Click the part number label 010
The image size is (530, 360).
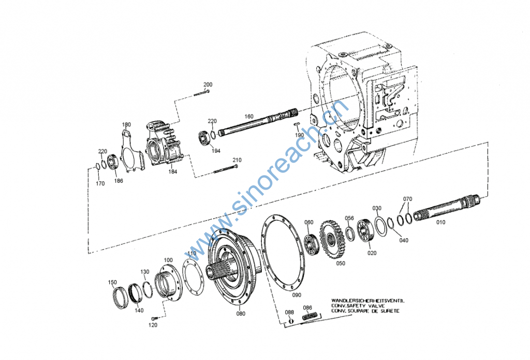pos(440,222)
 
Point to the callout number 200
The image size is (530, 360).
pos(208,84)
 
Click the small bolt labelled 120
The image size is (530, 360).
pos(155,319)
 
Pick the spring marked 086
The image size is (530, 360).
pos(310,317)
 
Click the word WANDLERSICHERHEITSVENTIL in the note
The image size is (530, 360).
pos(367,300)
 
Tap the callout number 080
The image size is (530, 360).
pos(241,314)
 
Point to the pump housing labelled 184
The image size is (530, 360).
pos(164,145)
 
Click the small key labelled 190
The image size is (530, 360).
pos(297,124)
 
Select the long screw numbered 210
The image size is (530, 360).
pos(226,169)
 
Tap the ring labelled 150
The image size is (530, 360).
pos(120,298)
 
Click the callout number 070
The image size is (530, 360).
pos(408,199)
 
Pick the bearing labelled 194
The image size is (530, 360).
pos(204,138)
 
